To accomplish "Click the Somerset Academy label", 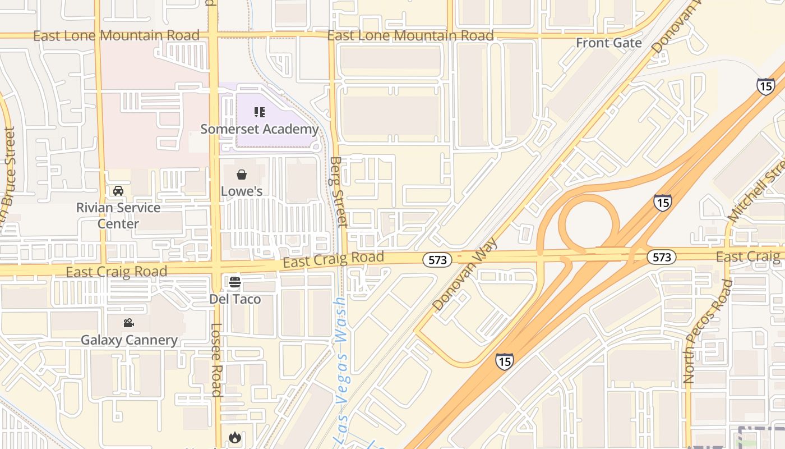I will pos(260,129).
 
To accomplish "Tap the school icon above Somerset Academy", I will pos(259,112).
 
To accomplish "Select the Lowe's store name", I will pos(242,191).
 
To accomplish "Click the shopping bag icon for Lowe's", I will pos(242,175).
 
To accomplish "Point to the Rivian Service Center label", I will pos(118,216).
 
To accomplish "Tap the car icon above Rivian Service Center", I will pos(118,191).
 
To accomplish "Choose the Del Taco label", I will pos(235,299).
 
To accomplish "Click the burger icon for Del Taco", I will pos(235,282).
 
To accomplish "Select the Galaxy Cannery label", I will pos(129,340).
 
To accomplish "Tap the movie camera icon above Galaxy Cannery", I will pos(129,323).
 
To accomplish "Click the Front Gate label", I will pos(608,43).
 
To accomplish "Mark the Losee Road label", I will pos(217,359).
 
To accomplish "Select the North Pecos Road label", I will pos(709,331).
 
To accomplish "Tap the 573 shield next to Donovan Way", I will pos(437,259).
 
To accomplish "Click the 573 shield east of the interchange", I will pos(662,257).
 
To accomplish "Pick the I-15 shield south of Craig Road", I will pos(504,361).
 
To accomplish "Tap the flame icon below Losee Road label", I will pos(234,437).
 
